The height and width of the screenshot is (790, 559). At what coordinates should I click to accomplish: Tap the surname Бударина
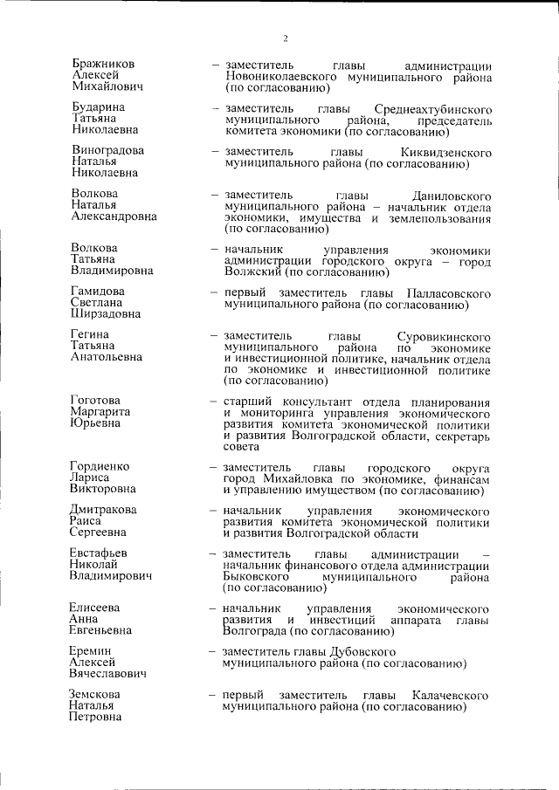(98, 107)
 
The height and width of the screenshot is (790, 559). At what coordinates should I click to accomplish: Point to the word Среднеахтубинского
(431, 108)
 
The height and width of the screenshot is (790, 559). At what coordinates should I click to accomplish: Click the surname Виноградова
(107, 150)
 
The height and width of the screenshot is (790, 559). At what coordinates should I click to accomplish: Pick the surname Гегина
(92, 334)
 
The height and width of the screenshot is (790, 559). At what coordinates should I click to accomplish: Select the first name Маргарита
(100, 411)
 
